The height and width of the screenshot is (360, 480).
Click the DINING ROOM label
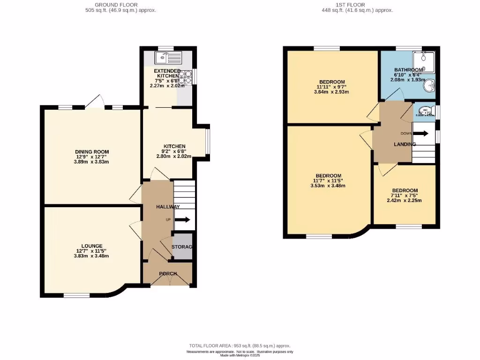[x=92, y=152]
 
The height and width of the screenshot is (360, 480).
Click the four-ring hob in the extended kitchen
[x=185, y=76]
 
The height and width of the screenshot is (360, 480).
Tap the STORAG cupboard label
[x=182, y=247]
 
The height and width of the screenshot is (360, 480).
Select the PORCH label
[x=168, y=274]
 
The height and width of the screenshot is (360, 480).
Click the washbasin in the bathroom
[x=430, y=86]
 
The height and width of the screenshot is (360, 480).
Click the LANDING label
[x=405, y=144]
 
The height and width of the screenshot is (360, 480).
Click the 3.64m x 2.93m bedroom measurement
[x=331, y=92]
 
